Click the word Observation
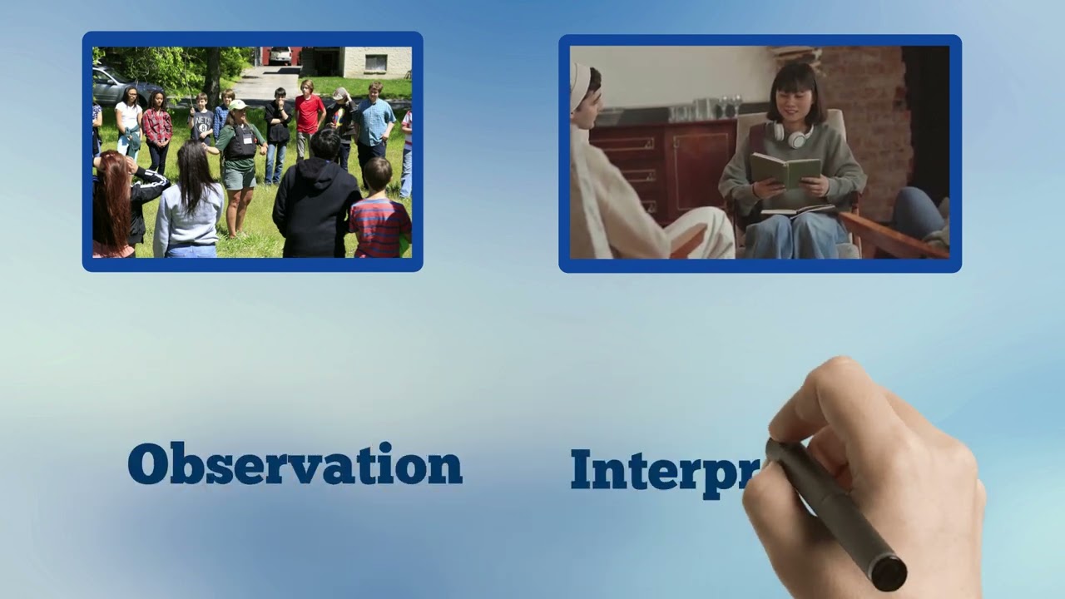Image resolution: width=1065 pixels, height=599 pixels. pyautogui.click(x=295, y=464)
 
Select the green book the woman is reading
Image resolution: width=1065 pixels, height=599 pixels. pyautogui.click(x=785, y=170)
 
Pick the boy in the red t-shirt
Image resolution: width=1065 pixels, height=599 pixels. pyautogui.click(x=310, y=116)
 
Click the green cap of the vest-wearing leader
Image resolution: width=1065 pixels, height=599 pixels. pyautogui.click(x=238, y=105)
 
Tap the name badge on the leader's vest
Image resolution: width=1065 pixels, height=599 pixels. pyautogui.click(x=247, y=139)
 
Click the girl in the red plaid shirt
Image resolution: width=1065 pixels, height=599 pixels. pyautogui.click(x=156, y=129)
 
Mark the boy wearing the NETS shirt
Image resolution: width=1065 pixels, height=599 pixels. pyautogui.click(x=201, y=125)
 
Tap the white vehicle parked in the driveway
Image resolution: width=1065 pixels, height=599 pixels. pyautogui.click(x=280, y=56)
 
